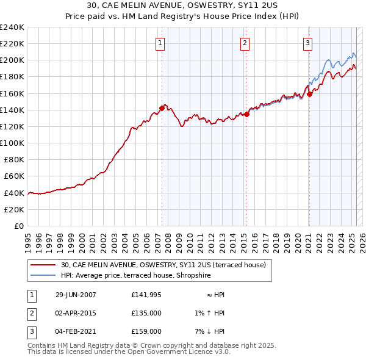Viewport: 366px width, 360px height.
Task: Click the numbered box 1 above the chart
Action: tap(160, 43)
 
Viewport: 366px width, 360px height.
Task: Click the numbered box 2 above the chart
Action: tap(244, 43)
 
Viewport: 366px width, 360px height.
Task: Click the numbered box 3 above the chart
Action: tap(308, 43)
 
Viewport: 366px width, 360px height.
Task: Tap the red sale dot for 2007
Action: tap(162, 108)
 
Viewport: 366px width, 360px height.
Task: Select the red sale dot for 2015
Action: tap(247, 114)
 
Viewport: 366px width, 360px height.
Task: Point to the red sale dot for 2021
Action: tap(310, 94)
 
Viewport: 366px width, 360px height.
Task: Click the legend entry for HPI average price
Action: tap(135, 276)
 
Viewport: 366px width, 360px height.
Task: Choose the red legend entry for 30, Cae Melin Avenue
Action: tap(163, 265)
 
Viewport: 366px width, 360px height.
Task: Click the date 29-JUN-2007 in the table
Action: tap(76, 295)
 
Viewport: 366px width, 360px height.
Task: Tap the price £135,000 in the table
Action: tap(146, 313)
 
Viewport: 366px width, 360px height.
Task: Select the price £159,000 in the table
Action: tap(146, 331)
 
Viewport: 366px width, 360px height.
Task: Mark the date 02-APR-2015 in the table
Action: tap(76, 313)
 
